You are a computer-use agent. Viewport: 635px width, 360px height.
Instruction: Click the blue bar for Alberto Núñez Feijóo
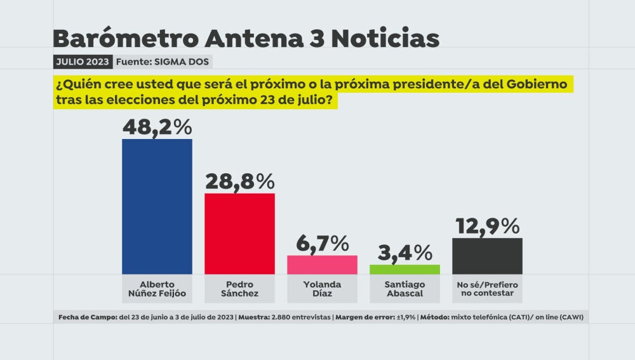pyautogui.click(x=157, y=206)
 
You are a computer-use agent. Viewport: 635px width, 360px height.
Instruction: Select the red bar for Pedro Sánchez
pyautogui.click(x=239, y=234)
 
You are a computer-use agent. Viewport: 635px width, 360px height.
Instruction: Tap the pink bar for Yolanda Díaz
pyautogui.click(x=322, y=265)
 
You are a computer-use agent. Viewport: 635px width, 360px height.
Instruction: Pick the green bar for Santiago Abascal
pyautogui.click(x=404, y=269)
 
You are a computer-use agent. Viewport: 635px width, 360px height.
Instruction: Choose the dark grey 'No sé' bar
pyautogui.click(x=487, y=256)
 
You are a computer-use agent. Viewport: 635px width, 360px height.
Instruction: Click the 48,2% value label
pyautogui.click(x=157, y=127)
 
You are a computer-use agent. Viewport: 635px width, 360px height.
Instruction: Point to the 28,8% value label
pyautogui.click(x=239, y=182)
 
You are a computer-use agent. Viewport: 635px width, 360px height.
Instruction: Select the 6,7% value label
pyautogui.click(x=323, y=243)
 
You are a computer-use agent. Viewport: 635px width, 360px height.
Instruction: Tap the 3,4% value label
pyautogui.click(x=404, y=252)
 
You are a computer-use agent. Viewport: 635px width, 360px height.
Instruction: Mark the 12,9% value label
pyautogui.click(x=487, y=225)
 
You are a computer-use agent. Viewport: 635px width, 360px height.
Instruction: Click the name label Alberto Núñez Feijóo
pyautogui.click(x=157, y=289)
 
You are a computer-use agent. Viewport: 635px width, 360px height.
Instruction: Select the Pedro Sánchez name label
pyautogui.click(x=239, y=289)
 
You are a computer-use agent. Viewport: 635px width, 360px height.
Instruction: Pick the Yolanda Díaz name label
pyautogui.click(x=322, y=289)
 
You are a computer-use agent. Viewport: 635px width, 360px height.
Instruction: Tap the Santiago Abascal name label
pyautogui.click(x=404, y=289)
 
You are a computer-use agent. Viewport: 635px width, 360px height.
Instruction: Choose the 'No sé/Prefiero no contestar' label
pyautogui.click(x=487, y=289)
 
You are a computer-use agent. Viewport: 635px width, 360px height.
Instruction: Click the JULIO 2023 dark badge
pyautogui.click(x=83, y=62)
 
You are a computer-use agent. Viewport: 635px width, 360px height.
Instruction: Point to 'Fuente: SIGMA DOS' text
pyautogui.click(x=163, y=62)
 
